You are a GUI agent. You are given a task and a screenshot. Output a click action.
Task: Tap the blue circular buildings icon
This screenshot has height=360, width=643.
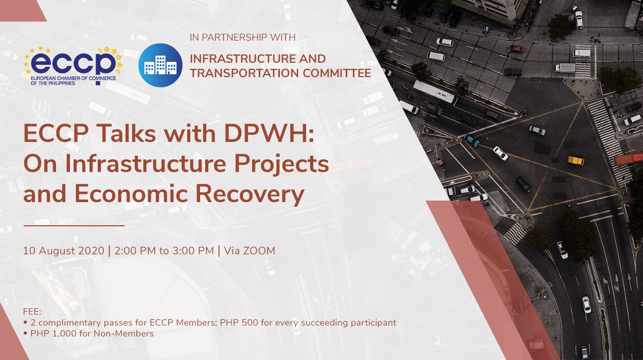pos(160,65)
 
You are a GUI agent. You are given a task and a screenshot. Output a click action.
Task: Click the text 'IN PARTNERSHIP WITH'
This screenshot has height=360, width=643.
pos(243,38)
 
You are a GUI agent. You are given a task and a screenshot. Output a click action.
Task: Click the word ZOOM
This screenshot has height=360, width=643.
pos(259,251)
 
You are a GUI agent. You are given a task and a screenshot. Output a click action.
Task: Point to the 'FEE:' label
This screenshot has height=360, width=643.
pos(32,312)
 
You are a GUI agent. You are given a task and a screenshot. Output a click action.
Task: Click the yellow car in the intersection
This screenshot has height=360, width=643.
pos(576,160)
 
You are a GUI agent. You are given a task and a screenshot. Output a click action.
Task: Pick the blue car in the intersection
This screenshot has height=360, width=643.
pos(471,140)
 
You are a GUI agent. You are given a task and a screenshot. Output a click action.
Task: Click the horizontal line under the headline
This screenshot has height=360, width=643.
pos(74,225)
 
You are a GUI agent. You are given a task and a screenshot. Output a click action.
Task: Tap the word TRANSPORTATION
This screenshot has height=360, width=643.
pos(239,73)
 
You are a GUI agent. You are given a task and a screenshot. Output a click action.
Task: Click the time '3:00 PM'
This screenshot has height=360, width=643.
pos(193,251)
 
